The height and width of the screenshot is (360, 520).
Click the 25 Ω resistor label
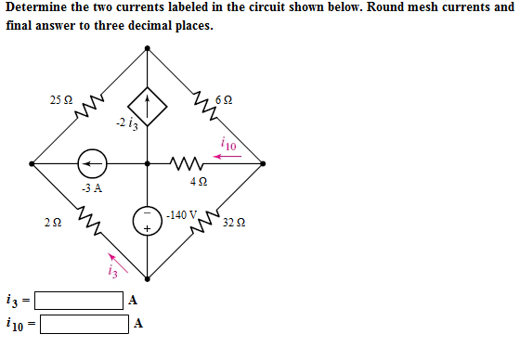60,99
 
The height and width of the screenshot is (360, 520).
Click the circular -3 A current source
92,164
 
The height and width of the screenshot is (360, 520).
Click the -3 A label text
91,188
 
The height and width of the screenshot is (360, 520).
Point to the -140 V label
183,215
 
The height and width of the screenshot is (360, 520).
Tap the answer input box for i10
84,324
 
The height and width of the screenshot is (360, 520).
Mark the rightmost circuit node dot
263,164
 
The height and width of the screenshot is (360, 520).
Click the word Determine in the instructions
36,8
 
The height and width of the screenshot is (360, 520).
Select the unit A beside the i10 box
138,324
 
